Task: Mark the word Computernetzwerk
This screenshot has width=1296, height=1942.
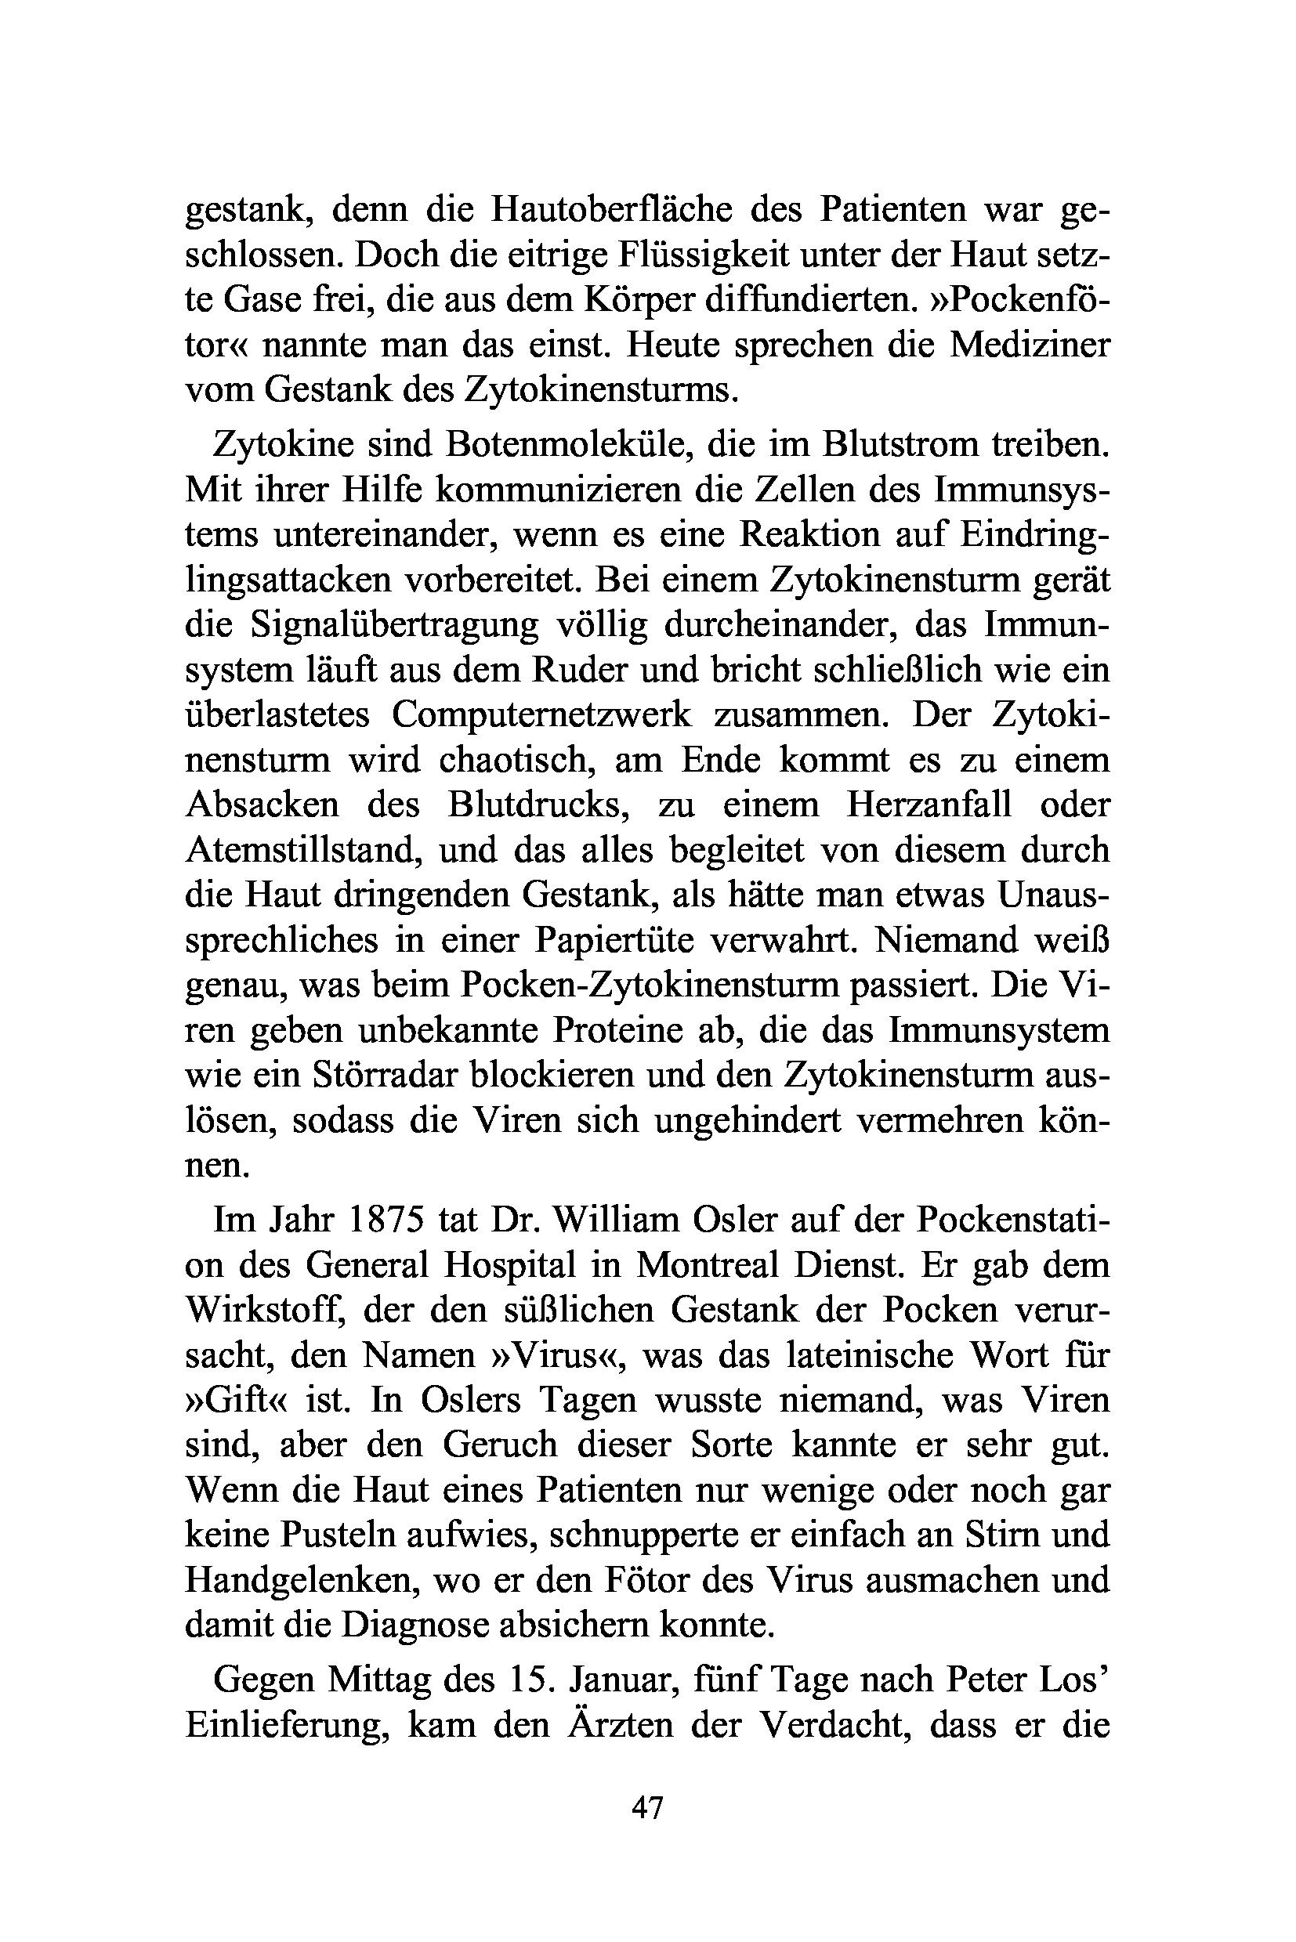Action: pyautogui.click(x=541, y=714)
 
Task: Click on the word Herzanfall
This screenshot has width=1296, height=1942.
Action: pyautogui.click(x=929, y=804)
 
